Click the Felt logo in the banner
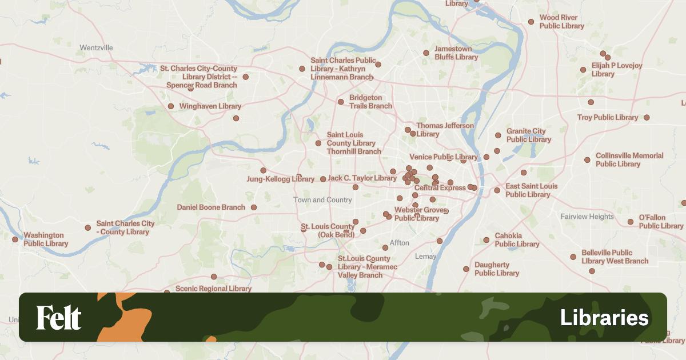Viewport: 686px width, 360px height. tap(59, 318)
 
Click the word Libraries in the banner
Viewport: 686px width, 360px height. tap(604, 318)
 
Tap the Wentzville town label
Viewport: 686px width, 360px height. tap(96, 47)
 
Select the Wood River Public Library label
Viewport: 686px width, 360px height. tap(561, 22)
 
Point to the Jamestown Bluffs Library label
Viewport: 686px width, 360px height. tap(456, 53)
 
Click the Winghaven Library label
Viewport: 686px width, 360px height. tap(210, 106)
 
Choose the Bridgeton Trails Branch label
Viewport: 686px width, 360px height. tap(370, 102)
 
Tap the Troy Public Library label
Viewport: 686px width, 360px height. tap(607, 117)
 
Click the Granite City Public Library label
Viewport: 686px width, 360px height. tap(528, 135)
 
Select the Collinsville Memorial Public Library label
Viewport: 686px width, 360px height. tap(629, 159)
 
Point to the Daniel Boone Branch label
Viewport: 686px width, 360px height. tap(210, 207)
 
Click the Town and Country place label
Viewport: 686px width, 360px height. tap(322, 200)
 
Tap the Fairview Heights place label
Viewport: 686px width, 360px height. tap(587, 217)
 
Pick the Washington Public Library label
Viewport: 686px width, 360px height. tap(45, 239)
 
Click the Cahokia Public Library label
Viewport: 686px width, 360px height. tap(517, 239)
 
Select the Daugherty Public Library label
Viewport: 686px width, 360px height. tap(496, 269)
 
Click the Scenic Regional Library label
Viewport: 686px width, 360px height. tap(213, 289)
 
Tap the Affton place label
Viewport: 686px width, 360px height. tap(399, 243)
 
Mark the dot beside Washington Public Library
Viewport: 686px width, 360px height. tap(15, 239)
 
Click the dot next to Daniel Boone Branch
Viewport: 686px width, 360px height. tap(254, 207)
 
